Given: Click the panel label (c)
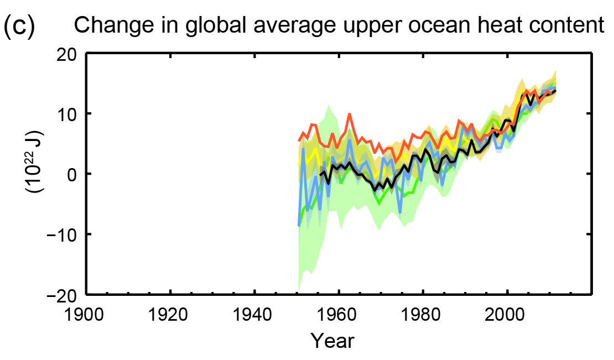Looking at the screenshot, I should (x=19, y=25).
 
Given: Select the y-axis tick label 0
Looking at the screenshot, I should (x=72, y=174).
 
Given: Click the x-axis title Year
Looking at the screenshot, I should (x=331, y=340).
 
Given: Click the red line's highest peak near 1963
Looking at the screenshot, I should (x=350, y=114).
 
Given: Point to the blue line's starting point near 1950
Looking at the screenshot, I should (x=299, y=225).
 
